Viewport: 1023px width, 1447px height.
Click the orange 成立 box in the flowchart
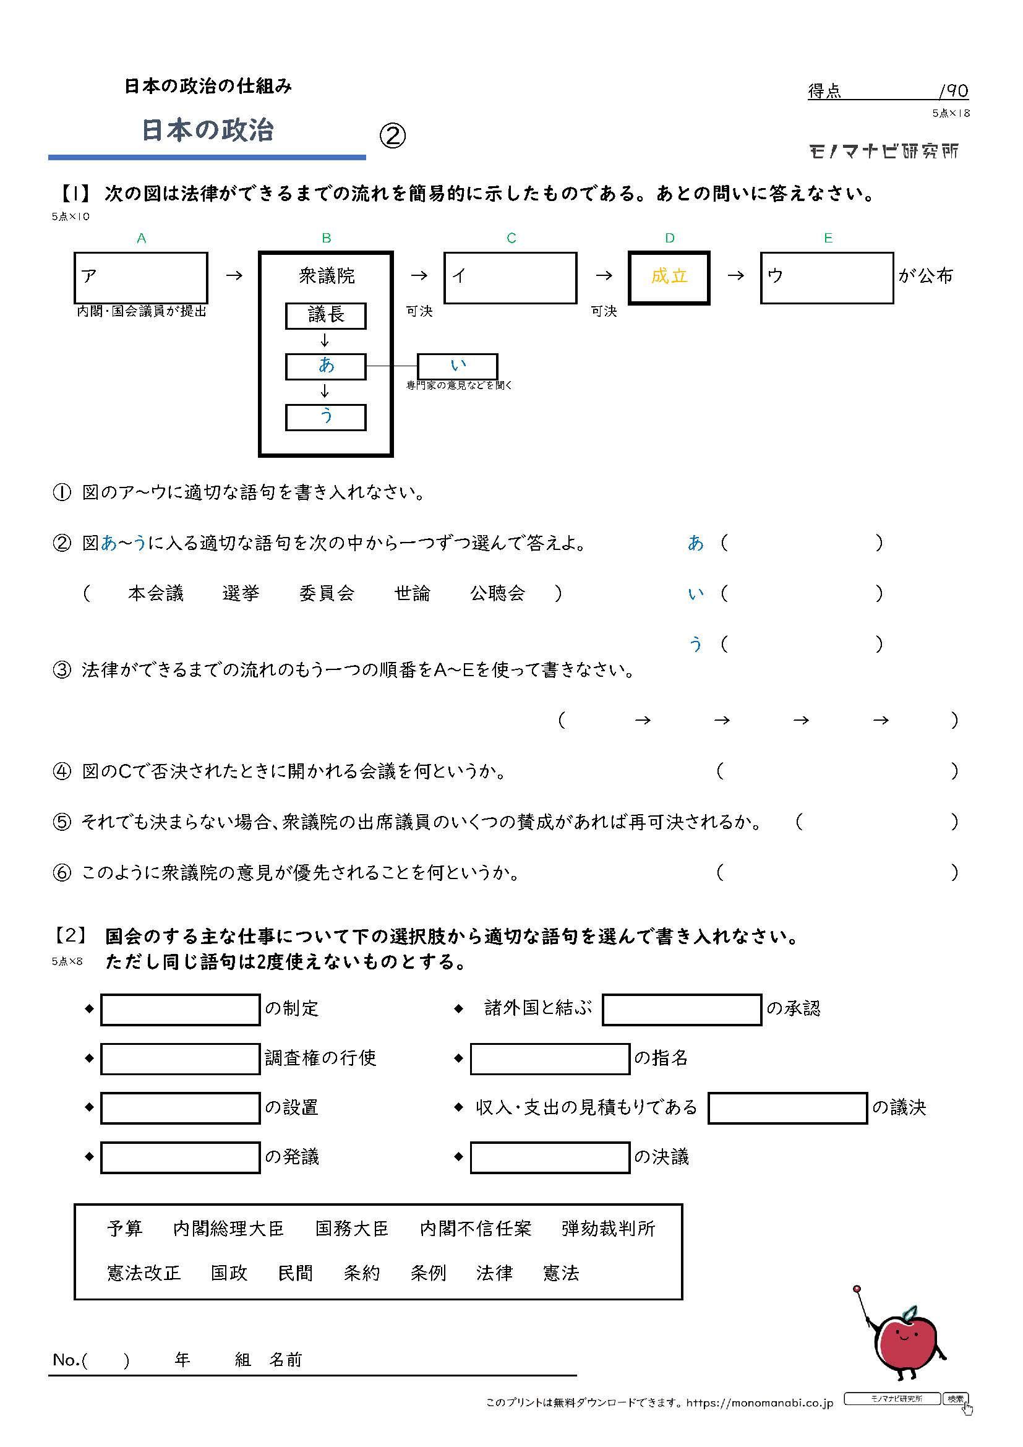(669, 277)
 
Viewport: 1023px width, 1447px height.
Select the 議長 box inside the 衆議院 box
(326, 316)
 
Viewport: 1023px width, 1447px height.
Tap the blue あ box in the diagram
(326, 366)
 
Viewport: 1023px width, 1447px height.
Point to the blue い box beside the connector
(458, 366)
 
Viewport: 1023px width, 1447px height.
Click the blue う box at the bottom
(326, 417)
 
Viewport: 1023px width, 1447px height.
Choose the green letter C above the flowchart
(511, 238)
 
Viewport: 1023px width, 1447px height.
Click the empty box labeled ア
(141, 278)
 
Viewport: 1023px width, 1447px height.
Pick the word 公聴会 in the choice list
(498, 593)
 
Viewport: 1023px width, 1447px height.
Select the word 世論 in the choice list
(412, 593)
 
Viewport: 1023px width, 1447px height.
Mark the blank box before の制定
(180, 1010)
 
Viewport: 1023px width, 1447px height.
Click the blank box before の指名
(550, 1058)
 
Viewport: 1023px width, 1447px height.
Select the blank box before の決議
(550, 1157)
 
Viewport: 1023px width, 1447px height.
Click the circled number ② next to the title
(393, 135)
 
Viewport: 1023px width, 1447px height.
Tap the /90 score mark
(953, 92)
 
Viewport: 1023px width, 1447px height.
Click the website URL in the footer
(760, 1403)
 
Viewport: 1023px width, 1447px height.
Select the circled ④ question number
(62, 771)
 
